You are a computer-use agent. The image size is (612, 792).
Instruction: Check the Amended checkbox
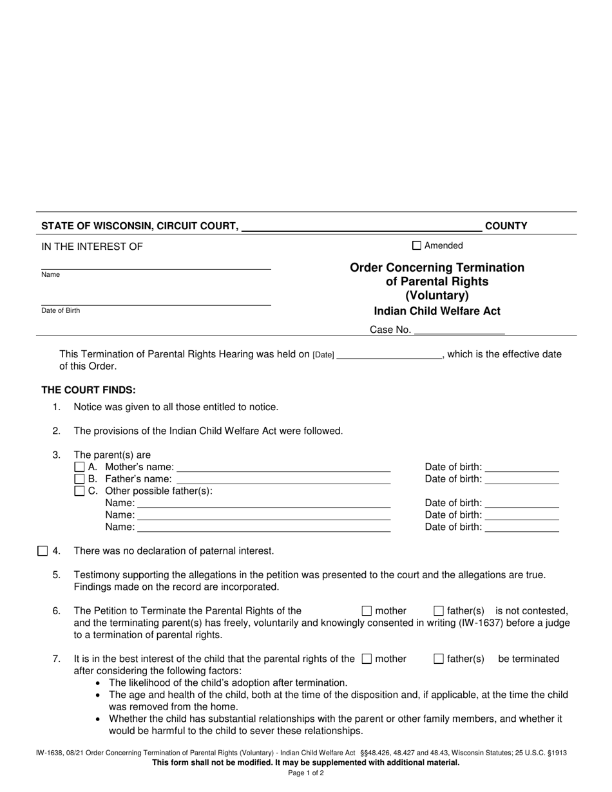click(416, 245)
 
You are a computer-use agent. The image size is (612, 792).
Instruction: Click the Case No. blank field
click(459, 330)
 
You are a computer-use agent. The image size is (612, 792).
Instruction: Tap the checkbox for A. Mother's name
click(80, 467)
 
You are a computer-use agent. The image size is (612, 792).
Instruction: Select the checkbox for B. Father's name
click(80, 479)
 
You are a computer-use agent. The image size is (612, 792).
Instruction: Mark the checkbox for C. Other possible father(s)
click(80, 491)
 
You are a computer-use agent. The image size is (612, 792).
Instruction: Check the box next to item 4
click(43, 551)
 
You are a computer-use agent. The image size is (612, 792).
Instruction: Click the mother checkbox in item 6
click(367, 611)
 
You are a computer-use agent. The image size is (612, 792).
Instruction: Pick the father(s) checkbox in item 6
click(439, 611)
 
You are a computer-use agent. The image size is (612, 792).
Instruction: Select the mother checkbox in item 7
click(367, 659)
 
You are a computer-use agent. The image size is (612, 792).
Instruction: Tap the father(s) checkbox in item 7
click(439, 659)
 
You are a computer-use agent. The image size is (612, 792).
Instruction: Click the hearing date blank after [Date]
click(389, 354)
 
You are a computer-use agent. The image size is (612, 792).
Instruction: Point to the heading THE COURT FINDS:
click(89, 390)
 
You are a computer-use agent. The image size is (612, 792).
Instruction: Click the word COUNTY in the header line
click(506, 226)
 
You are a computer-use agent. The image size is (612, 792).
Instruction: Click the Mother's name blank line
click(283, 467)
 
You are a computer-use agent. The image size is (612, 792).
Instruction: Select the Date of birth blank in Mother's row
click(522, 467)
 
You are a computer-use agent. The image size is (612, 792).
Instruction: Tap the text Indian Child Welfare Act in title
click(437, 311)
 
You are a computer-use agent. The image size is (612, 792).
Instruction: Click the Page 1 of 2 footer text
click(306, 773)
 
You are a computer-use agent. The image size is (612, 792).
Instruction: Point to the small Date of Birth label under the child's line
click(61, 310)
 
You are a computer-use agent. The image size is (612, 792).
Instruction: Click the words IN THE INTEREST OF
click(92, 247)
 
